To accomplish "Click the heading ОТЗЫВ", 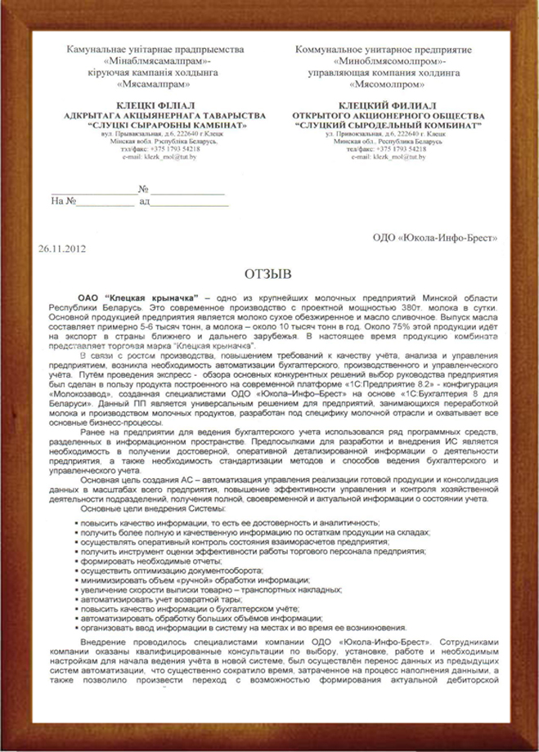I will pyautogui.click(x=268, y=271).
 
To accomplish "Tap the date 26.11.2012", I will pyautogui.click(x=62, y=247).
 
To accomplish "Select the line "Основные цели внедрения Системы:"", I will pyautogui.click(x=144, y=508).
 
